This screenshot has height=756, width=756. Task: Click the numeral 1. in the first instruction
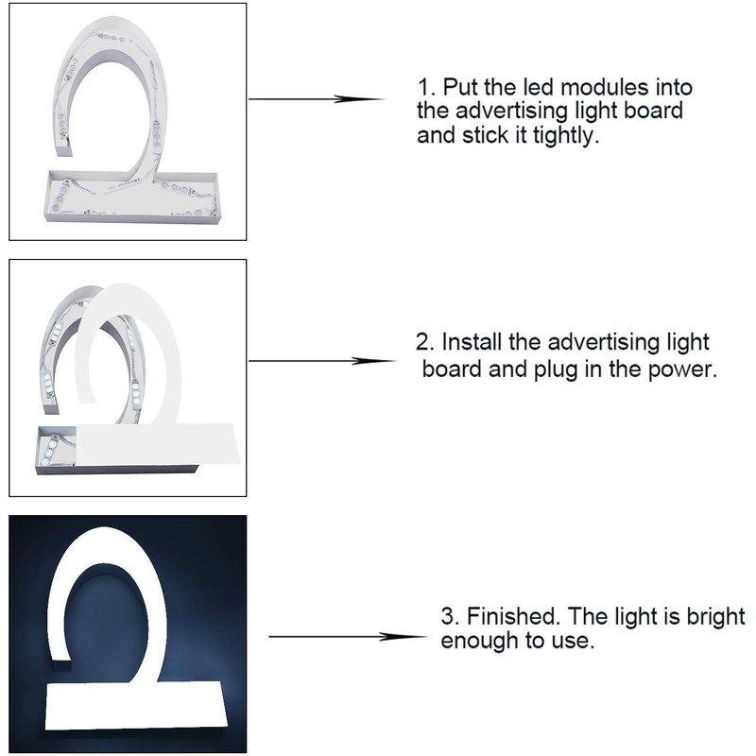[x=424, y=88]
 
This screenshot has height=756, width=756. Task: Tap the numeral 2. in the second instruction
[x=427, y=342]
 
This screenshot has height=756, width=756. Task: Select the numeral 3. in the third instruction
[x=448, y=618]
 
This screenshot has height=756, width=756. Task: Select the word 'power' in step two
[x=683, y=369]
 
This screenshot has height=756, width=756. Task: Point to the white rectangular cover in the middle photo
[x=156, y=444]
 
